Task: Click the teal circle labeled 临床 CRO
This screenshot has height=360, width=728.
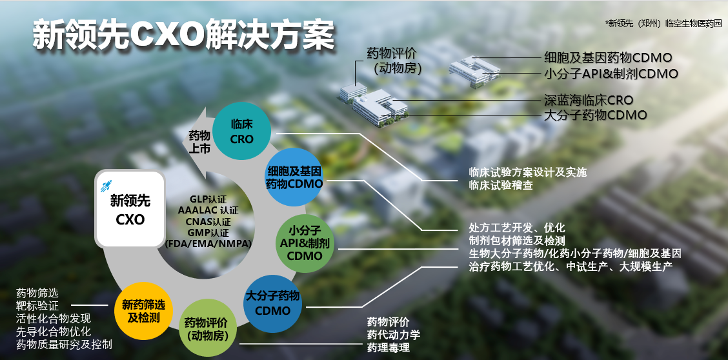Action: (x=242, y=132)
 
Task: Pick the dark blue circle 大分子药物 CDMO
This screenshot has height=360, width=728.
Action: (x=272, y=303)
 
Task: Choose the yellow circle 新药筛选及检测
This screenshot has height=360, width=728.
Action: (x=142, y=311)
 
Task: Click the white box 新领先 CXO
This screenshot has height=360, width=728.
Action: (x=130, y=208)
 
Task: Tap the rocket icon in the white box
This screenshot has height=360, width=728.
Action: (x=108, y=186)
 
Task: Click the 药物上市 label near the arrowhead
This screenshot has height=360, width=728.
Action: (x=199, y=142)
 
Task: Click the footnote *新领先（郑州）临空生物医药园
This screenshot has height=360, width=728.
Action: (x=663, y=23)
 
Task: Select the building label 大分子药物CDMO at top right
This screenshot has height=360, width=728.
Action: (x=596, y=115)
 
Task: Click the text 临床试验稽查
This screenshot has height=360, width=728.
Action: (x=501, y=186)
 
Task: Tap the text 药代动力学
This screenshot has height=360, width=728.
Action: (x=394, y=335)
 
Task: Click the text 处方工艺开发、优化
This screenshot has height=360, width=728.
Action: (x=517, y=228)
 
